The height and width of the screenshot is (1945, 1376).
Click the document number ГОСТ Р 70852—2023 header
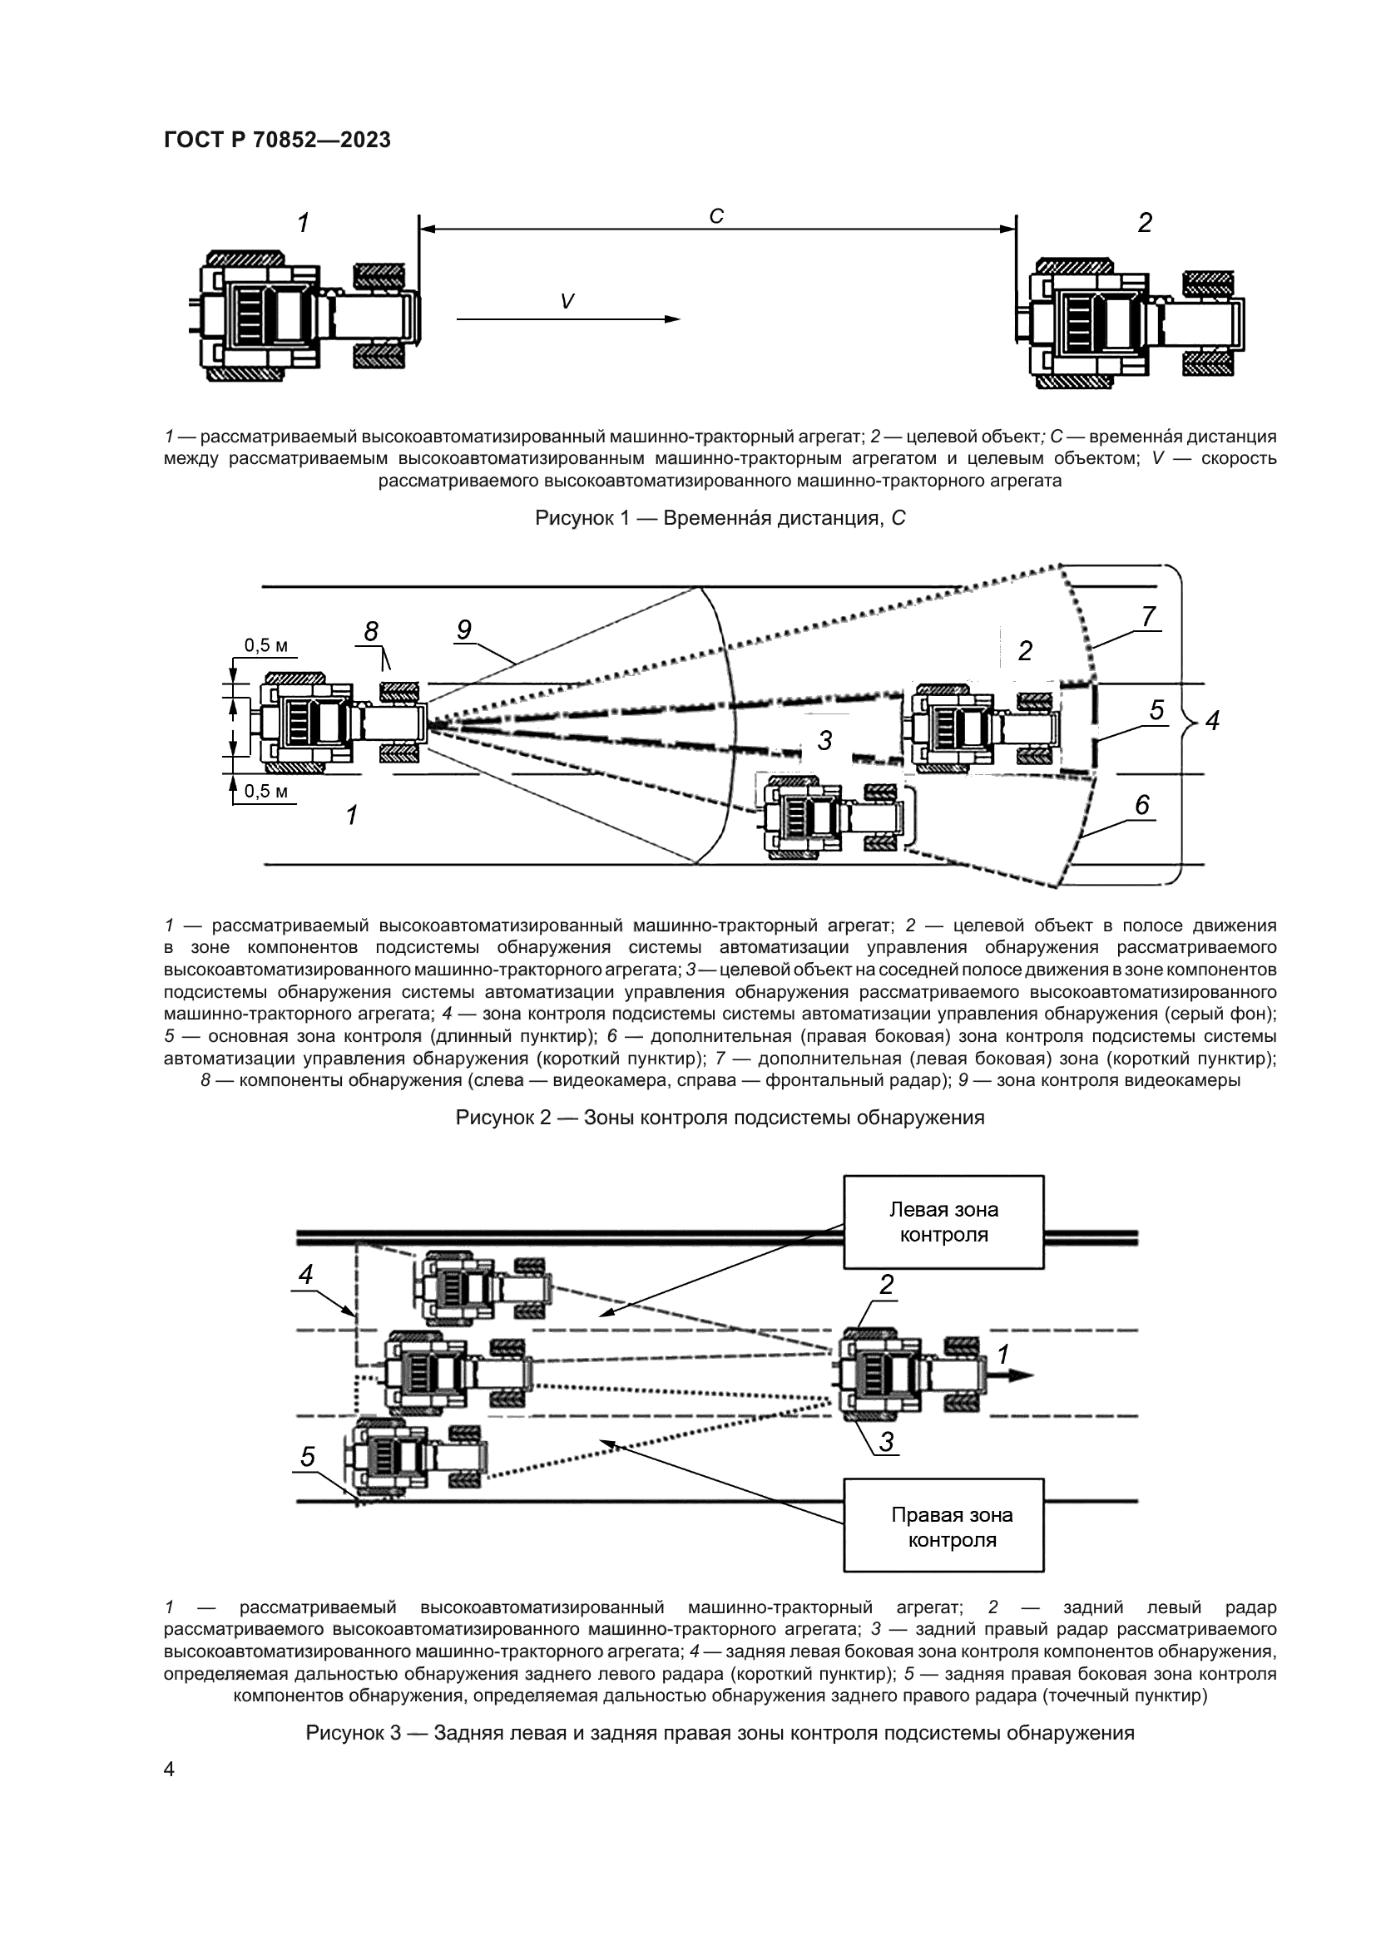click(x=277, y=141)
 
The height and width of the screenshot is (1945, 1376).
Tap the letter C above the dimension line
click(x=716, y=217)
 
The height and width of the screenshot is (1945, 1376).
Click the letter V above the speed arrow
click(x=567, y=301)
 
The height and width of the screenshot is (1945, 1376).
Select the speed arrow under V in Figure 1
click(x=567, y=318)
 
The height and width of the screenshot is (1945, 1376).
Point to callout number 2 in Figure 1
click(x=1145, y=224)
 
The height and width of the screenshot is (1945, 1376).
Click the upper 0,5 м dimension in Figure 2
click(x=266, y=645)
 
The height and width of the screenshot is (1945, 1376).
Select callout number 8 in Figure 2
click(x=371, y=631)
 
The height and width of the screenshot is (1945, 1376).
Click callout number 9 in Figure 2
click(x=463, y=629)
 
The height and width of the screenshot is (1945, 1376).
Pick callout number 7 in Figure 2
click(x=1148, y=617)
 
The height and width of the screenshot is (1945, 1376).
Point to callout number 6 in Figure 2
click(x=1142, y=804)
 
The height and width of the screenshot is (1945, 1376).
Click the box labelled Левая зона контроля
click(x=943, y=1222)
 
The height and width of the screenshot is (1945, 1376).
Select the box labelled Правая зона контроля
click(x=943, y=1527)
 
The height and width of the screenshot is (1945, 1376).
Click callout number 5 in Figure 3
click(x=308, y=1457)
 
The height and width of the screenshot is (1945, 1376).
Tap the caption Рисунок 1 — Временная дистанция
click(x=720, y=517)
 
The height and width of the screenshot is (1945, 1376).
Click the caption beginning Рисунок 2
click(x=720, y=1118)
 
